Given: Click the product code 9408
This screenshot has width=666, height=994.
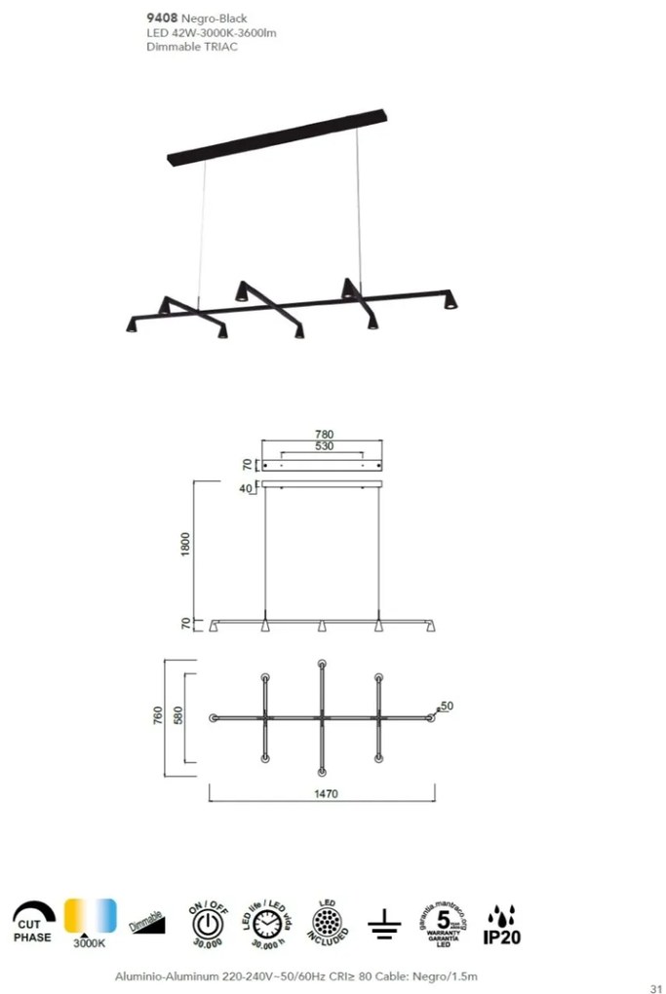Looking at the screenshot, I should [x=162, y=18].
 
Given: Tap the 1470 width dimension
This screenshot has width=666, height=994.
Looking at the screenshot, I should [x=326, y=794].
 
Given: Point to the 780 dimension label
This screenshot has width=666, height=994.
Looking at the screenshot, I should [x=325, y=434].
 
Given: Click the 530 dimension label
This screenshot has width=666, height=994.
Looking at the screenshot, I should [x=325, y=446].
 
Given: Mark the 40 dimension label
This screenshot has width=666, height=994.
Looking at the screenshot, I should [x=249, y=488].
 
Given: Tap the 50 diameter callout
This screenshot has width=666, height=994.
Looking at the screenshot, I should [x=448, y=706].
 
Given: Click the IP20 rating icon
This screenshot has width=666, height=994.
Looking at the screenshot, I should [x=500, y=925].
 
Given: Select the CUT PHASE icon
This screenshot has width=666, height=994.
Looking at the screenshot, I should [x=33, y=923].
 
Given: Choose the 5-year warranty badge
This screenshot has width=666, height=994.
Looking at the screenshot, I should [x=443, y=923].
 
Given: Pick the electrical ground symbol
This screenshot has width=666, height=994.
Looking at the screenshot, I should [x=384, y=925].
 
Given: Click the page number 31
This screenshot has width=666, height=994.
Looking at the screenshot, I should [x=655, y=984].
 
